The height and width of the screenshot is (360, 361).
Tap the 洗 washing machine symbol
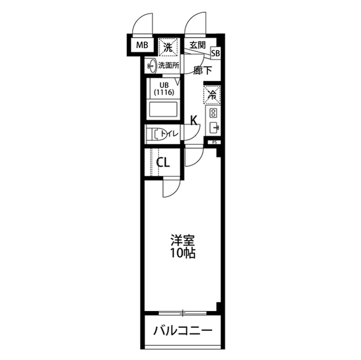point(168,47)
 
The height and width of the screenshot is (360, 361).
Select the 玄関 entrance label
point(196,46)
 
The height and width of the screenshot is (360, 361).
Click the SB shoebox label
point(215,53)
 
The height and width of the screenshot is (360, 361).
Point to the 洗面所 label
point(169,65)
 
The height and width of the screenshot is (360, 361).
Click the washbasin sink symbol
point(151,65)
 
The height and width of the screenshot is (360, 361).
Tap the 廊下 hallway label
point(202,70)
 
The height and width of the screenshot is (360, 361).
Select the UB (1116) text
point(162,88)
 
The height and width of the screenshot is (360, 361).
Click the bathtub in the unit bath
point(163,109)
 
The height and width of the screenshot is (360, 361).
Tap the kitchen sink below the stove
point(214,128)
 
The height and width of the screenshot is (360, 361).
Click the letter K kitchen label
point(193,119)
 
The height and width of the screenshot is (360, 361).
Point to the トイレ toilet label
point(170,134)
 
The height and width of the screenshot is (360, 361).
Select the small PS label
point(214,143)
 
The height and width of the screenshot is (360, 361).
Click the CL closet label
point(164,163)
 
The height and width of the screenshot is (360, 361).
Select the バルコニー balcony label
point(183,330)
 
